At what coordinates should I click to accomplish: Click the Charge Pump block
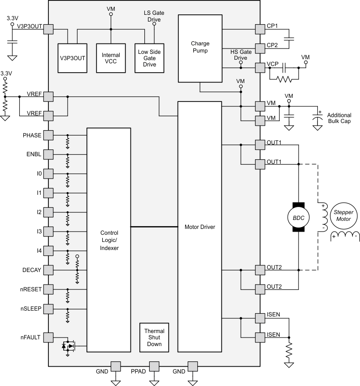200,48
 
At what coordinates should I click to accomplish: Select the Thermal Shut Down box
154,338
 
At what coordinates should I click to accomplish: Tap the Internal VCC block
111,58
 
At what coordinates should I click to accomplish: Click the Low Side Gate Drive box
149,58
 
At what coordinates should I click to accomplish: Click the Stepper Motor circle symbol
344,216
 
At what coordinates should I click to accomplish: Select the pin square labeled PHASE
48,135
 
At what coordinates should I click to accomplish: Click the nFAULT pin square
48,338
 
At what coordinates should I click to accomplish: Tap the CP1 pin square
260,29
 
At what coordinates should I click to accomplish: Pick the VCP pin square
260,68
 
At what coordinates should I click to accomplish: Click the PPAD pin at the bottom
154,367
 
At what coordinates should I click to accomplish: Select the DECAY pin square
48,270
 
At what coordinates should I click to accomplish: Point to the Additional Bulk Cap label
339,118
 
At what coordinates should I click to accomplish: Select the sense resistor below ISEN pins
289,350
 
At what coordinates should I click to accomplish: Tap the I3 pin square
48,232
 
